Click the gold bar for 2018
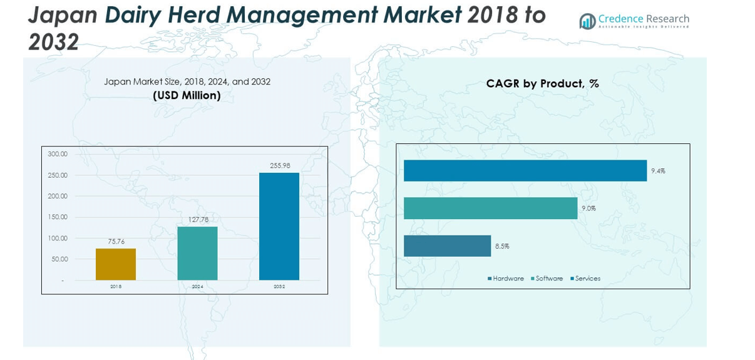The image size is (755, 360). [116, 264]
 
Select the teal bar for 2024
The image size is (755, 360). [197, 253]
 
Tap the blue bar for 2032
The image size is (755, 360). [279, 226]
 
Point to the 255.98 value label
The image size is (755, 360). [280, 166]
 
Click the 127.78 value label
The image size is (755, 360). [198, 220]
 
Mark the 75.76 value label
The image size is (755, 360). [116, 242]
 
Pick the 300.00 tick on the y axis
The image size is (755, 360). [58, 154]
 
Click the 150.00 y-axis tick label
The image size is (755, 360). [58, 217]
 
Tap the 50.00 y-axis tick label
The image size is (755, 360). [59, 259]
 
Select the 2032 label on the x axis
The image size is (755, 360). [279, 287]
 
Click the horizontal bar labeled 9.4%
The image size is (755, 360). [525, 171]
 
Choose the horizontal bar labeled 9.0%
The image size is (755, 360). [490, 208]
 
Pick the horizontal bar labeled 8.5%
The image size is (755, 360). [447, 246]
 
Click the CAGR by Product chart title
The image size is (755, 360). [542, 83]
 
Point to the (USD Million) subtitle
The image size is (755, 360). [187, 96]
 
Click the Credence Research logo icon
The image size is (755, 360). [587, 21]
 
